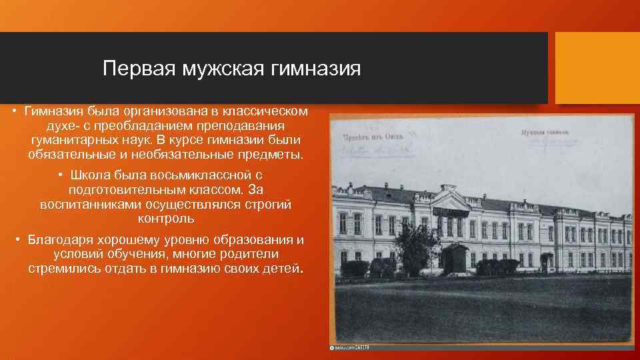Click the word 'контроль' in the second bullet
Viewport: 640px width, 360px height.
tap(166, 219)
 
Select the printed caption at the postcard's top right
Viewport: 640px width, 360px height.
tap(545, 132)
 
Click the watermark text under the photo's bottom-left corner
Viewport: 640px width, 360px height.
tap(351, 347)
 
